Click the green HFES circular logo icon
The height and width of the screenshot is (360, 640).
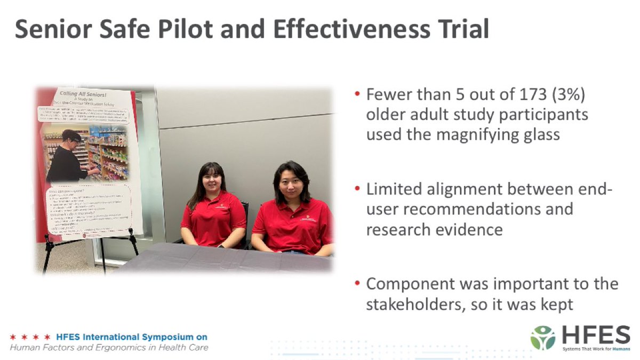(542, 337)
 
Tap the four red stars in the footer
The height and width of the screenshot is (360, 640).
(30, 337)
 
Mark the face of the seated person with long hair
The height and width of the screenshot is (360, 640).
(213, 181)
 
